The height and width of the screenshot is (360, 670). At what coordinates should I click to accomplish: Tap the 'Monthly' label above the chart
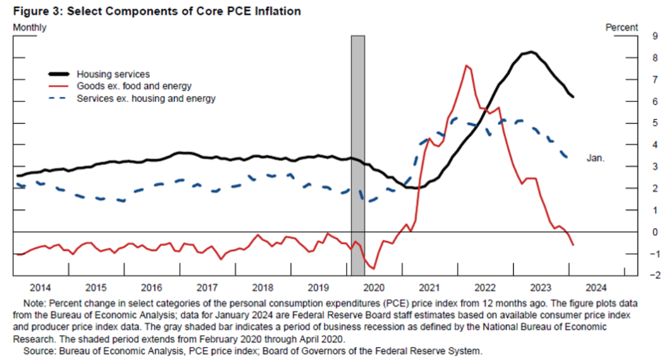[30, 27]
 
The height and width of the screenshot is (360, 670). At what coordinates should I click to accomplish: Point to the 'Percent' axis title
[621, 27]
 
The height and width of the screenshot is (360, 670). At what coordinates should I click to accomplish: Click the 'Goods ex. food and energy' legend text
[134, 86]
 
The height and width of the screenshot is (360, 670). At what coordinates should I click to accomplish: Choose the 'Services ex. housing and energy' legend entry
[146, 98]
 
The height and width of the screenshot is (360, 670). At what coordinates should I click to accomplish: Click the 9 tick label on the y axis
[655, 36]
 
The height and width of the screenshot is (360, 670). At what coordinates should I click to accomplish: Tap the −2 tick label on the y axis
[655, 275]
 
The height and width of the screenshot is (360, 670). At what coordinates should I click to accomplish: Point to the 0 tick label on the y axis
[655, 232]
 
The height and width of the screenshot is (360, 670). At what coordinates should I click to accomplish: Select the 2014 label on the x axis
[40, 288]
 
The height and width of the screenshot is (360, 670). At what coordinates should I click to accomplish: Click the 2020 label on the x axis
[374, 288]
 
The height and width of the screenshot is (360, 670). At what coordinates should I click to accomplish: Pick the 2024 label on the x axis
[596, 288]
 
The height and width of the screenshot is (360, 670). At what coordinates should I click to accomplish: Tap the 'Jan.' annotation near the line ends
[595, 157]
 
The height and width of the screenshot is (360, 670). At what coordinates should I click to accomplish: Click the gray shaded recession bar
[358, 156]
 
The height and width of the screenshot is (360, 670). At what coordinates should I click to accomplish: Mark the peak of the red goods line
[466, 65]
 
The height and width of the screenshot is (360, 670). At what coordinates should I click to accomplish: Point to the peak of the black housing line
[531, 52]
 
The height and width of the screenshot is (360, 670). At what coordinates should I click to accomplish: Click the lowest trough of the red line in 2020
[374, 268]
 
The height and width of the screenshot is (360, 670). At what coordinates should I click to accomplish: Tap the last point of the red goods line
[573, 245]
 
